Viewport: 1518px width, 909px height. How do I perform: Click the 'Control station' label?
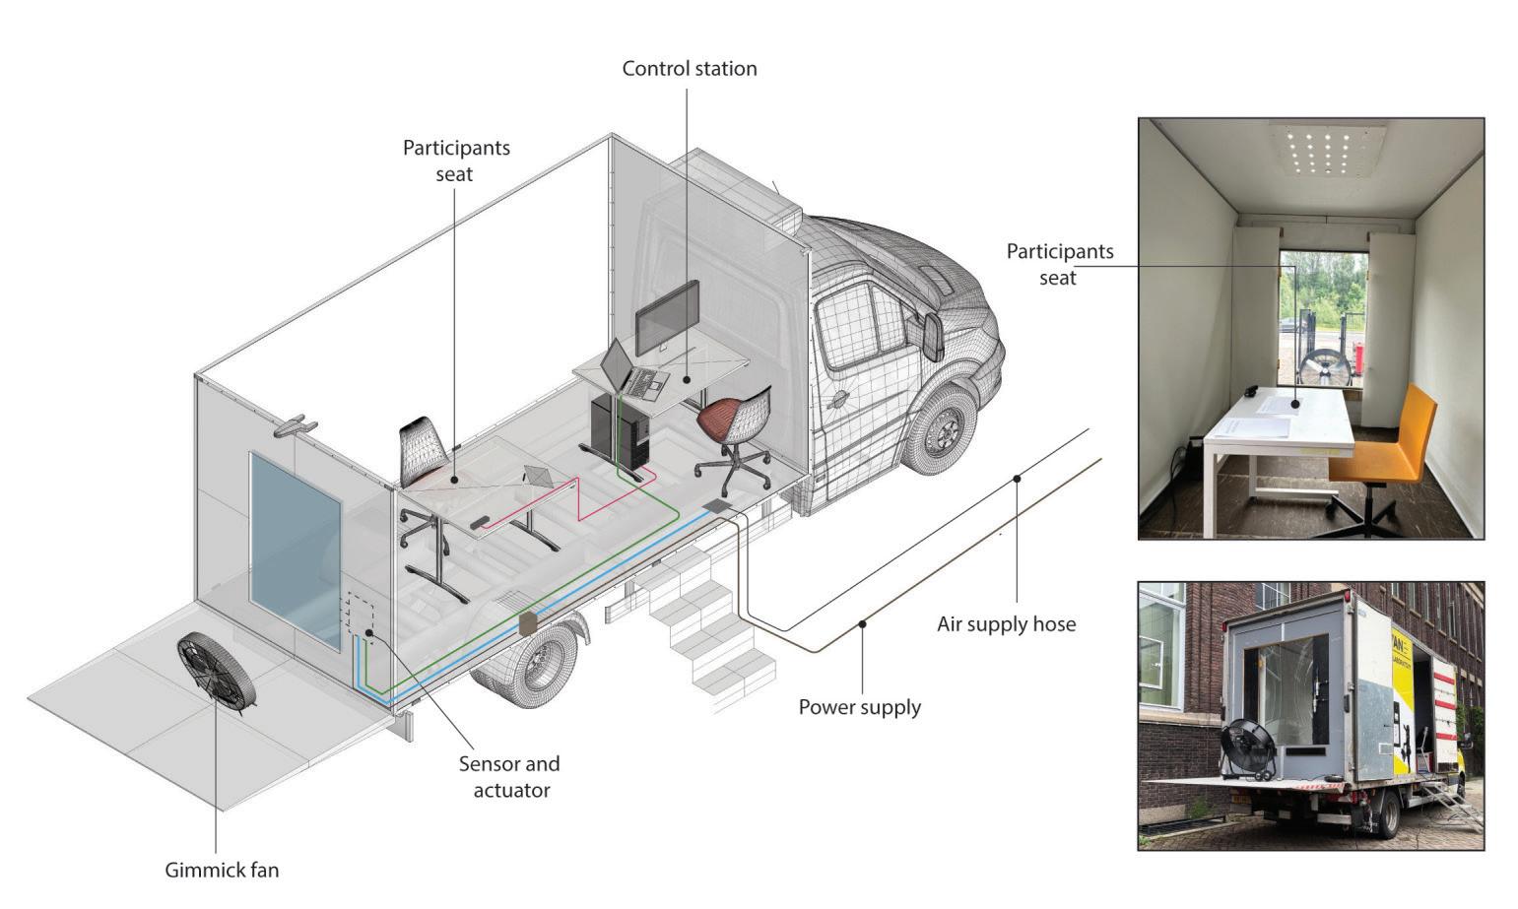coord(690,69)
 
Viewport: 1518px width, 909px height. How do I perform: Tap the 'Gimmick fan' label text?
coord(222,870)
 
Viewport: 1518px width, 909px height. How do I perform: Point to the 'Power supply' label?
coord(859,707)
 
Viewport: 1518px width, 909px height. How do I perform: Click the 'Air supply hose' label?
coord(1006,623)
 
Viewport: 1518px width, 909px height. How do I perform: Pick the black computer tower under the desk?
coord(620,431)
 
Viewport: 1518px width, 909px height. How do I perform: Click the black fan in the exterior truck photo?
coord(1248,747)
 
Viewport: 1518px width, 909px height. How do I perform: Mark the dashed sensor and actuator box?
coord(359,616)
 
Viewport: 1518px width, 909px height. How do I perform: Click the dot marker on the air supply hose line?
coord(1017,479)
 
